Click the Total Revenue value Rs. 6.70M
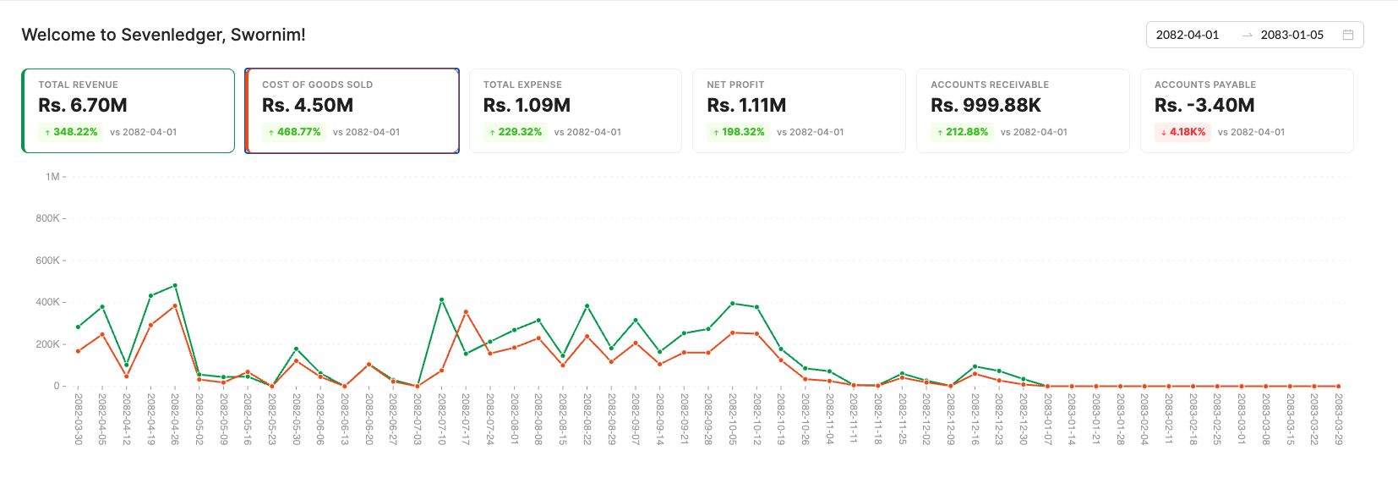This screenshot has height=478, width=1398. [83, 106]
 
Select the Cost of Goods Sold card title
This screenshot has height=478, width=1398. [317, 85]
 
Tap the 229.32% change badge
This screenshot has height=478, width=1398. [515, 132]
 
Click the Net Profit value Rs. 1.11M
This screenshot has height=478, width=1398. [746, 106]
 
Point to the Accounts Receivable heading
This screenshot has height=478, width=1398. [990, 85]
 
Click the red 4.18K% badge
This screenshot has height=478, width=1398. [1182, 132]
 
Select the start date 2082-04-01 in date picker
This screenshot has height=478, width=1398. [1188, 35]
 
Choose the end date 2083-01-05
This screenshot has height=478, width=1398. [1292, 35]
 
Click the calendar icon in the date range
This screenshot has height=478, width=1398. [1348, 35]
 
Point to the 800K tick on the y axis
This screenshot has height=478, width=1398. [47, 218]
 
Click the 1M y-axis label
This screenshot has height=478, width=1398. [52, 177]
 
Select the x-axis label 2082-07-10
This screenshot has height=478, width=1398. [441, 419]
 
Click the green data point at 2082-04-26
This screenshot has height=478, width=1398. [175, 285]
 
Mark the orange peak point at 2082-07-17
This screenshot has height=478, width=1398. [466, 312]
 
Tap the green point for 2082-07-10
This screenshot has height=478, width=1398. [441, 299]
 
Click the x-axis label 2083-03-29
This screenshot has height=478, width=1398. [1338, 419]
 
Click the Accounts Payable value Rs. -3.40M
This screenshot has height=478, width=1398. [1204, 106]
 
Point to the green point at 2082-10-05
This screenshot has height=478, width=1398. [732, 303]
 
